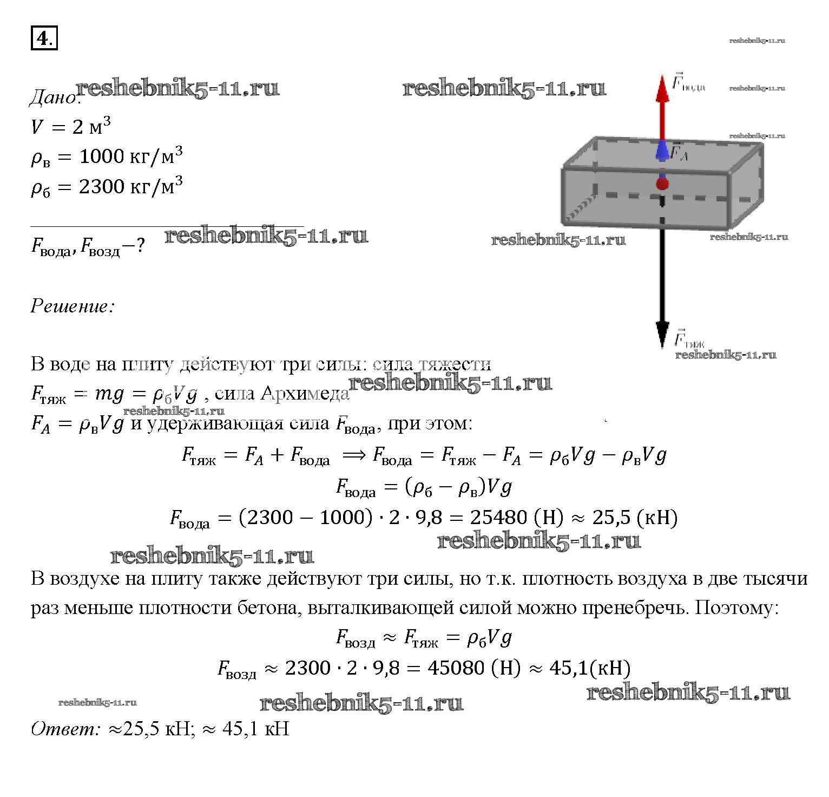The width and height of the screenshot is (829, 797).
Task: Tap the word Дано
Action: [53, 97]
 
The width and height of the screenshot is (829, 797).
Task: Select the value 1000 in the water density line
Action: [102, 156]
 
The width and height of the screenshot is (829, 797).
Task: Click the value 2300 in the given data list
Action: [102, 187]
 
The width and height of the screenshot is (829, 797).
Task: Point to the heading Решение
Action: [73, 306]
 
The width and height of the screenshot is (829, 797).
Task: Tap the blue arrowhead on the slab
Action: [662, 151]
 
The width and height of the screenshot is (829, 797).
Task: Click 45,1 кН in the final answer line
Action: [255, 729]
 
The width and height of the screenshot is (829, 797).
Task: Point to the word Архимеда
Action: [305, 394]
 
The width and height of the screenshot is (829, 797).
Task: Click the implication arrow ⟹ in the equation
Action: [354, 455]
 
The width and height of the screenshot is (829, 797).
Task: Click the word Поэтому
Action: [736, 608]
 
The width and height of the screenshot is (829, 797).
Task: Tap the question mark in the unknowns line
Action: [140, 246]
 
